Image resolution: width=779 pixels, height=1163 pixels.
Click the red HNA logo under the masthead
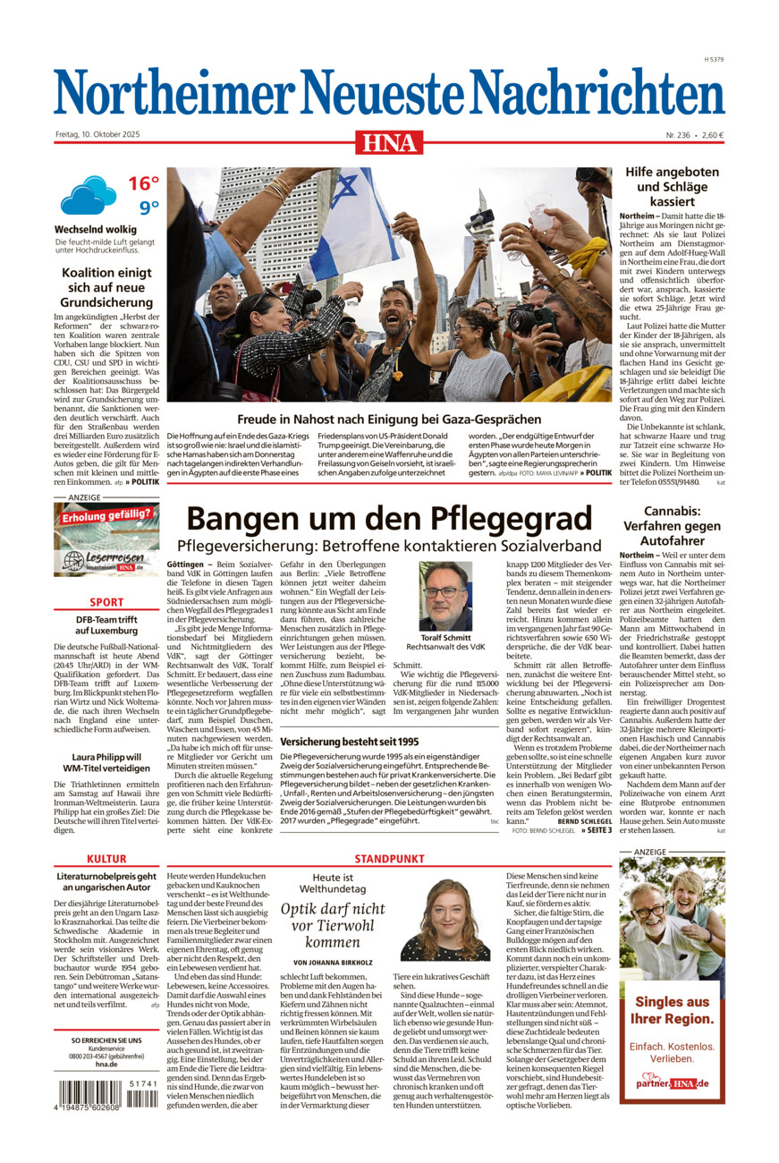tap(389, 141)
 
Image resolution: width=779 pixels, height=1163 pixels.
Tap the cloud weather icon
tap(88, 195)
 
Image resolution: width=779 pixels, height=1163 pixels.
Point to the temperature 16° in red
tap(143, 184)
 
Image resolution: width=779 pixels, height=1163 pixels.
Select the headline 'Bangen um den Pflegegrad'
tap(389, 519)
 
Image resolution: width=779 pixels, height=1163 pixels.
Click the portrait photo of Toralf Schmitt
tap(445, 596)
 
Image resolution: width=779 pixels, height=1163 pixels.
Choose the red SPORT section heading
tap(106, 603)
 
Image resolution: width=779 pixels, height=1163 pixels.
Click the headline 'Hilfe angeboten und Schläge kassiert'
tap(672, 187)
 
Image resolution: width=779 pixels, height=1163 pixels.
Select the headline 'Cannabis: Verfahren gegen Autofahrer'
tap(672, 525)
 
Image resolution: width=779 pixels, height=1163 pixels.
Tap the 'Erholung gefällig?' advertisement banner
tap(106, 538)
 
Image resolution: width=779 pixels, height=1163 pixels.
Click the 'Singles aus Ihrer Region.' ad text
tap(672, 1010)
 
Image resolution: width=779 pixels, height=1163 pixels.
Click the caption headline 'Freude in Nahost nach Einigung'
tap(389, 419)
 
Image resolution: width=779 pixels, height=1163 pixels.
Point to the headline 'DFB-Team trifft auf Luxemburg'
tap(106, 624)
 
